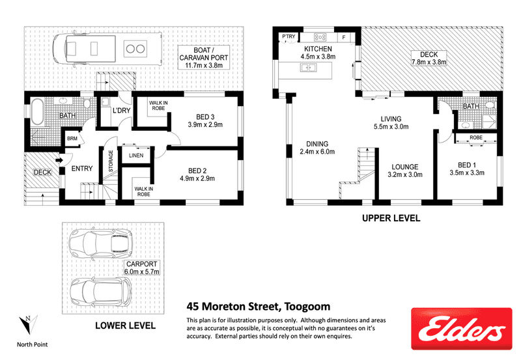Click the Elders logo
[x=462, y=329]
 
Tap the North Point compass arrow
[x=28, y=324]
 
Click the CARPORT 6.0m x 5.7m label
[x=141, y=268]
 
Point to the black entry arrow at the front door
[x=59, y=160]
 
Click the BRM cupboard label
[x=72, y=139]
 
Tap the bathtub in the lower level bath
[x=37, y=112]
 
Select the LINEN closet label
[x=136, y=156]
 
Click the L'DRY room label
[x=121, y=110]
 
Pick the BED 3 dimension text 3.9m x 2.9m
[x=205, y=125]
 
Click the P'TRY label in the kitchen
[x=289, y=36]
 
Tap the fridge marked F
[x=344, y=38]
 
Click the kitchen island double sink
[x=308, y=68]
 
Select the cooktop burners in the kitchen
[x=320, y=37]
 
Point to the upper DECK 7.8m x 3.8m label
[x=429, y=58]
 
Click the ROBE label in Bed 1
[x=476, y=137]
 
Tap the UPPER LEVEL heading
[x=391, y=218]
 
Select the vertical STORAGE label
[x=111, y=161]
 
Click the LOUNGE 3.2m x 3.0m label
[x=405, y=171]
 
